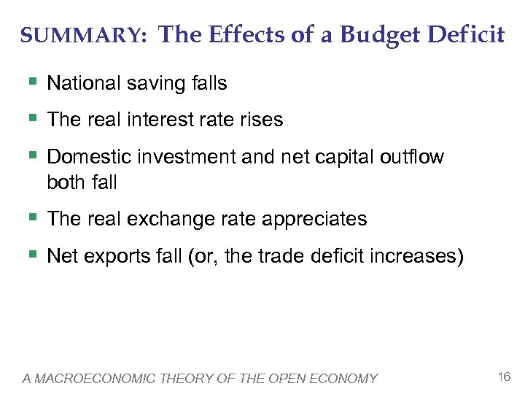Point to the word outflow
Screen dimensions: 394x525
pos(413,158)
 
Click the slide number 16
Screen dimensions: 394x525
pos(502,377)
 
